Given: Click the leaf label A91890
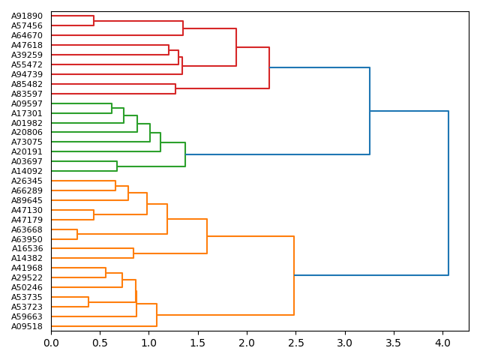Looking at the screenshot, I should coord(27,16).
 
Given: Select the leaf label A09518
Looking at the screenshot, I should coord(27,326).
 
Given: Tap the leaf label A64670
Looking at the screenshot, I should coord(27,35).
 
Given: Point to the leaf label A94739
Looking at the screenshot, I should coord(27,74).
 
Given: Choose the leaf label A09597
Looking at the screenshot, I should coord(27,103).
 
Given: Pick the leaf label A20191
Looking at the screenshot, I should coord(27,151).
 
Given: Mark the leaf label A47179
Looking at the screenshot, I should coord(27,220).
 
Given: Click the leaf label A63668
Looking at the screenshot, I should coord(27,229).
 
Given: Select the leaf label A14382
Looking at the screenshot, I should coord(27,258).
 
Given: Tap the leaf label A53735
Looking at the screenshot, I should coord(27,297).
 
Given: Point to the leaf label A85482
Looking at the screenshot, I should coord(27,84).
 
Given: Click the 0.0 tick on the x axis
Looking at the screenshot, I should coord(51,343).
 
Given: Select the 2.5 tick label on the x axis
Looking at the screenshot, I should coord(296,343).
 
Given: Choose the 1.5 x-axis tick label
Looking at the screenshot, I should coord(198,343).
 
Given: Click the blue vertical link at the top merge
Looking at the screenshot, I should coord(448,193).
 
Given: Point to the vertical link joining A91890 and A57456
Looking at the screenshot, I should coord(94,20).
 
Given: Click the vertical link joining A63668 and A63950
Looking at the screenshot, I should coord(77,234).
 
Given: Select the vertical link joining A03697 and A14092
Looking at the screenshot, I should coord(117,166).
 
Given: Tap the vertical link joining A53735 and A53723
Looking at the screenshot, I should coord(88,301).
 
